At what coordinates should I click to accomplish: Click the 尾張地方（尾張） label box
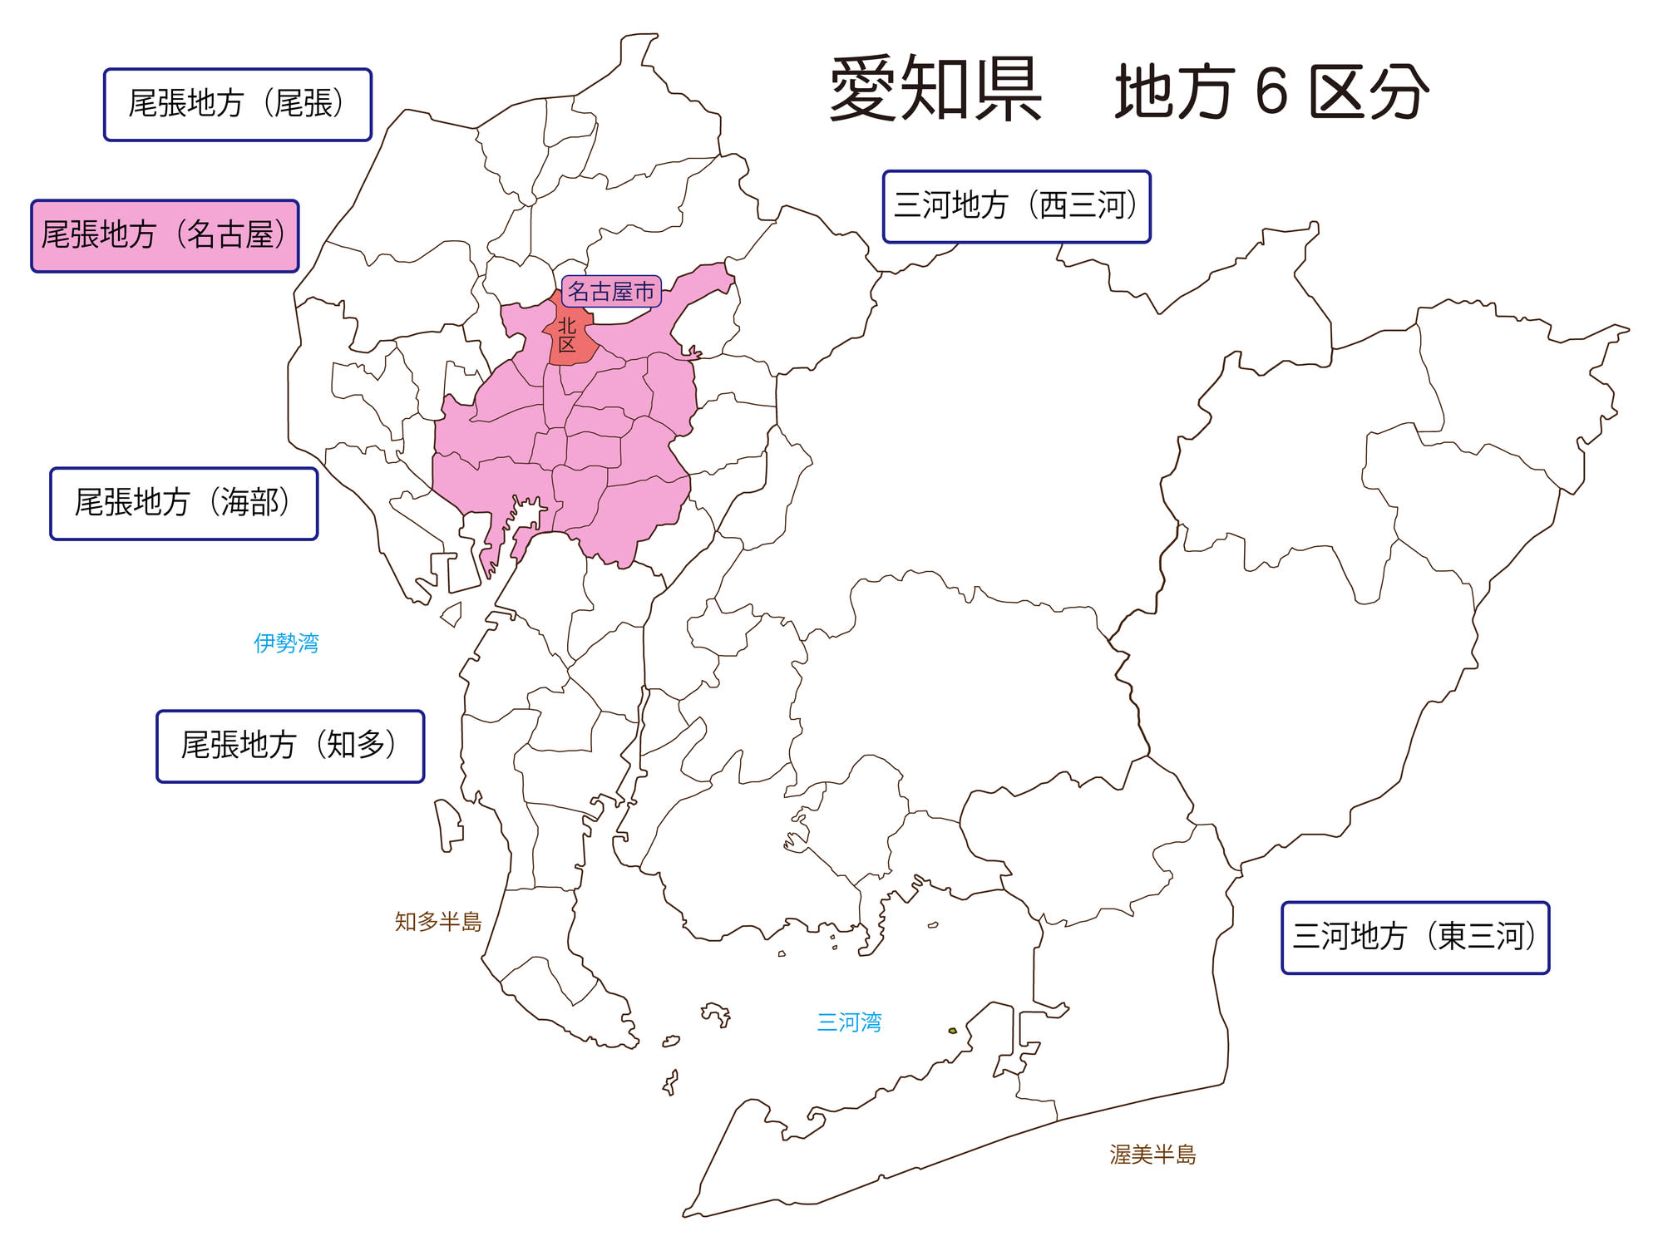click(x=237, y=105)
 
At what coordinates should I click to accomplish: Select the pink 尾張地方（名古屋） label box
click(x=165, y=236)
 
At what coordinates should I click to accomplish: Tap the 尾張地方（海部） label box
click(x=184, y=504)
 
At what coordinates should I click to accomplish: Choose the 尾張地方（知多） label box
click(x=290, y=746)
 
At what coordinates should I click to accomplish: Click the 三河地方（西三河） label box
click(x=1016, y=207)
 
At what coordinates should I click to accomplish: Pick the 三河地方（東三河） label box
click(x=1415, y=938)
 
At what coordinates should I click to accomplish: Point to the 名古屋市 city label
click(x=612, y=292)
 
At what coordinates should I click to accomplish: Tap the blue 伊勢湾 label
click(x=286, y=643)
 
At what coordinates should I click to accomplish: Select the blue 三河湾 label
click(x=849, y=1022)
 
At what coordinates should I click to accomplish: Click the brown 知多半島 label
click(x=438, y=922)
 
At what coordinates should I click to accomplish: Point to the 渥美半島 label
click(x=1152, y=1155)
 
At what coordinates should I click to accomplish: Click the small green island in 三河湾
click(x=953, y=1031)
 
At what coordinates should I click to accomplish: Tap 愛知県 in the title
click(x=935, y=90)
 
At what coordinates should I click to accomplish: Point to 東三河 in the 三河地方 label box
click(x=1482, y=938)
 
